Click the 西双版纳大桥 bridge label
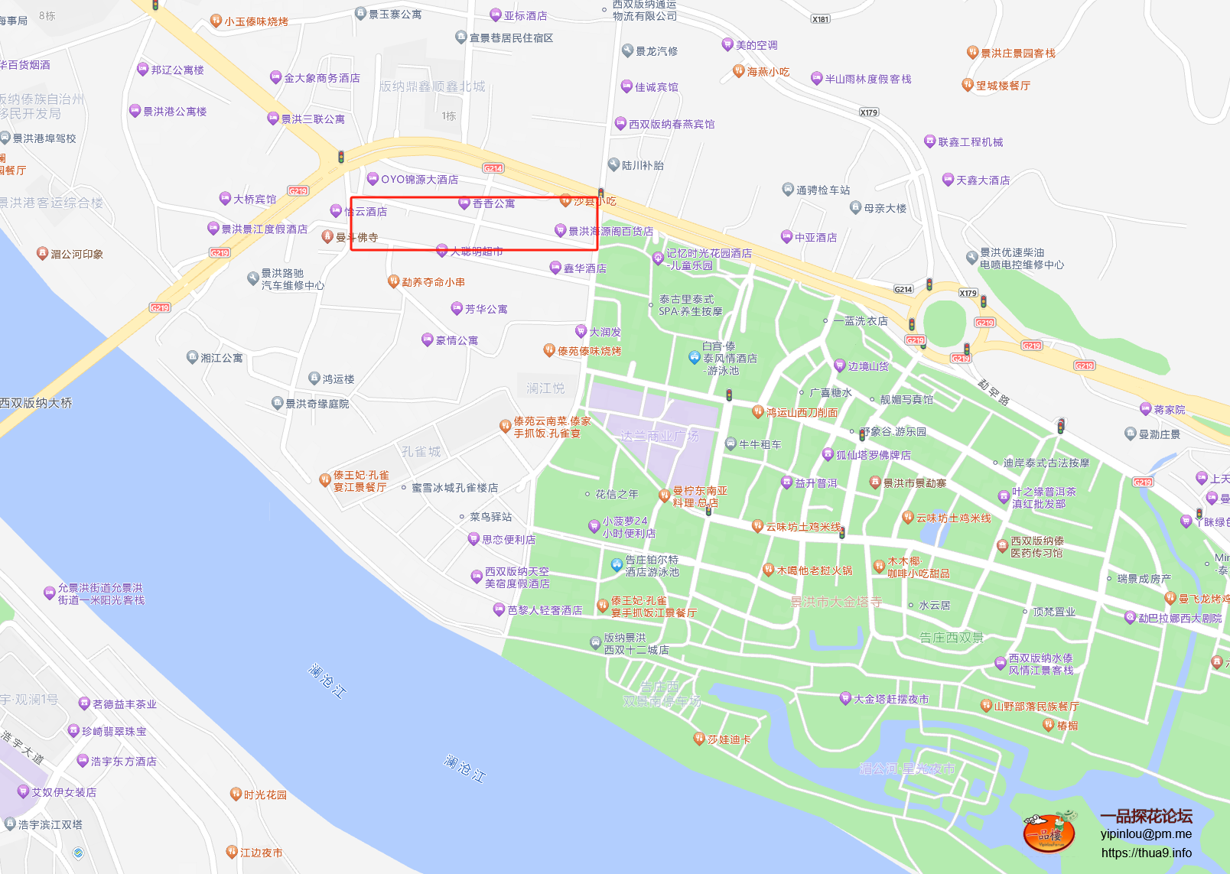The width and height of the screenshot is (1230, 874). click(x=36, y=403)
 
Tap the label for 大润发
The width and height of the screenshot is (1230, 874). click(x=604, y=332)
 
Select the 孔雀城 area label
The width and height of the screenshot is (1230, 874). click(x=421, y=452)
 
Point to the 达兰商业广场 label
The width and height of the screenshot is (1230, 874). click(x=659, y=436)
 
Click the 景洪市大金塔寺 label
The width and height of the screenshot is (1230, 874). click(x=836, y=602)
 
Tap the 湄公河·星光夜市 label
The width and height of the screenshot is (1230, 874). click(x=907, y=768)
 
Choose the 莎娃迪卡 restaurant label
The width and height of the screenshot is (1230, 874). click(x=728, y=739)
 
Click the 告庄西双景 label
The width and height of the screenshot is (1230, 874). click(x=952, y=637)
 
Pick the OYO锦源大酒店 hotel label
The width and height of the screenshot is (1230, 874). click(x=419, y=180)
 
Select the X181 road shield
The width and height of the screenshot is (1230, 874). click(x=820, y=19)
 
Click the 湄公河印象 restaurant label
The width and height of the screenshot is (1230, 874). click(x=76, y=254)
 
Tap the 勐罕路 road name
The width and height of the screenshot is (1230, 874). click(x=994, y=392)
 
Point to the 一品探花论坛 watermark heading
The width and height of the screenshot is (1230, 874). click(x=1146, y=816)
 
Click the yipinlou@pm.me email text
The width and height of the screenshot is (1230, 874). click(x=1146, y=834)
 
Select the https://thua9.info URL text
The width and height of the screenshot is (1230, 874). click(x=1146, y=853)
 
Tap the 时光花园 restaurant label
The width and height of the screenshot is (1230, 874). click(x=265, y=795)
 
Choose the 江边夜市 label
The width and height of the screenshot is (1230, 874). click(x=261, y=853)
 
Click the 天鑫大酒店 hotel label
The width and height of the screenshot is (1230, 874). click(x=982, y=180)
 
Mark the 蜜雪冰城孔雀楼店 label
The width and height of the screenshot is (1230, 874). click(x=454, y=488)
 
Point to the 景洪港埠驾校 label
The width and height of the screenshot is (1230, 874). click(x=44, y=138)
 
